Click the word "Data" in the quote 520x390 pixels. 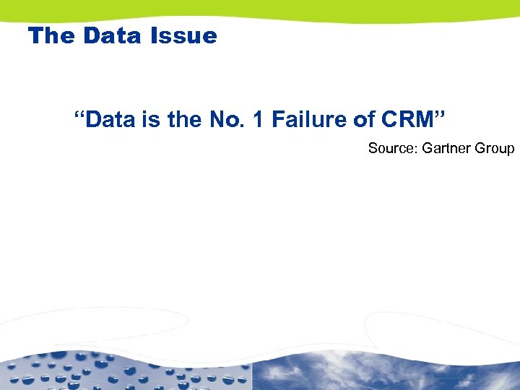click(x=113, y=119)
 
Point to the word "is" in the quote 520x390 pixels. click(x=152, y=119)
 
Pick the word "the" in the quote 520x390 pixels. click(x=183, y=119)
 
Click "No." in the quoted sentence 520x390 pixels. click(x=228, y=119)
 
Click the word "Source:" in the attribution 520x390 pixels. click(x=392, y=149)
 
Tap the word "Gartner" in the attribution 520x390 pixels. click(x=446, y=149)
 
